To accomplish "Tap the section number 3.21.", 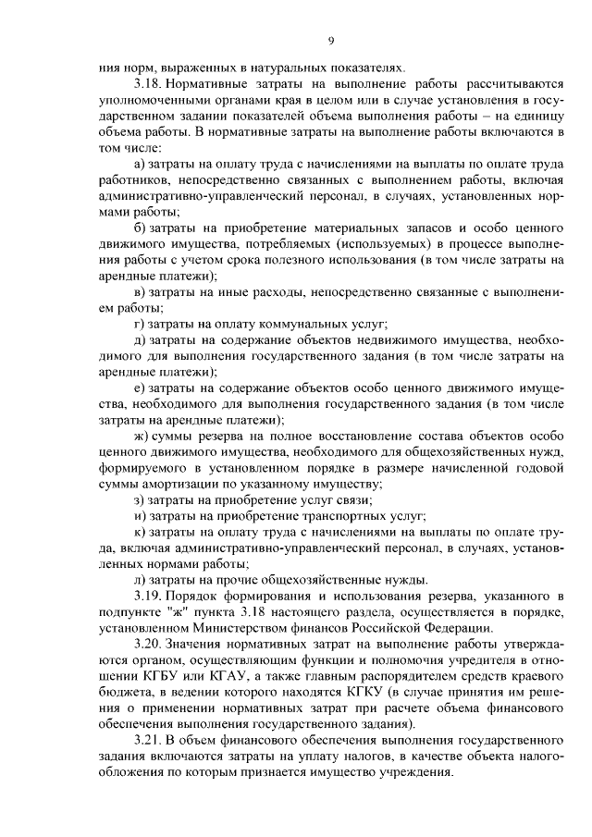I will click(x=148, y=741).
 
